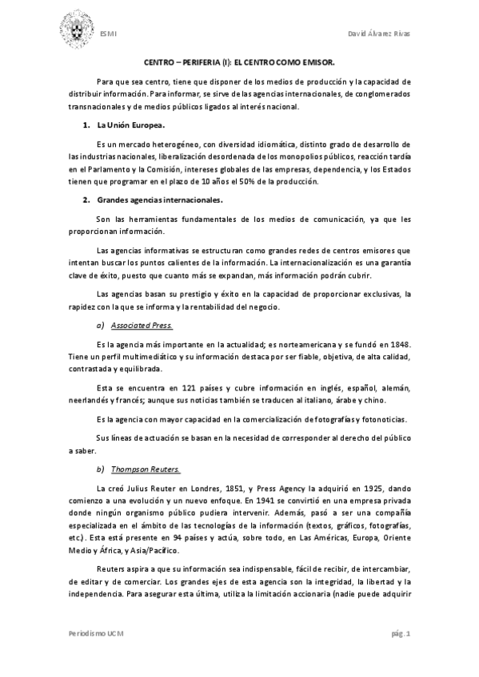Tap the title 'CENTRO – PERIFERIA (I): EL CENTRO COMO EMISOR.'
pos(239,61)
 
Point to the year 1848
pos(398,343)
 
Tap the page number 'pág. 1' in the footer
pos(401,632)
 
